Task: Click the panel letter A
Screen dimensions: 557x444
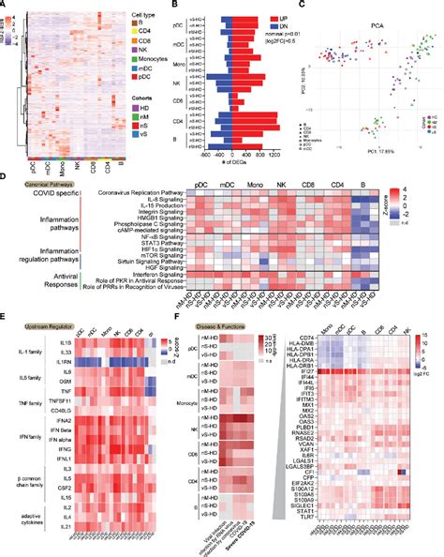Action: tap(5, 5)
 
